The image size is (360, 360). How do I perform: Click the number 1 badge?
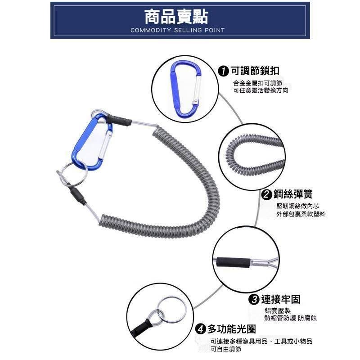(x=223, y=71)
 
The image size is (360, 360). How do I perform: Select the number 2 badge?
(x=267, y=194)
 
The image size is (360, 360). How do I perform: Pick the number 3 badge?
(x=254, y=299)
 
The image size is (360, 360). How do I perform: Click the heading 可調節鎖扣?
(x=255, y=71)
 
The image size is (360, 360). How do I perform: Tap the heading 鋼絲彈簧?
(x=294, y=194)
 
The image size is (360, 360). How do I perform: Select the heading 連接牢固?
(x=280, y=299)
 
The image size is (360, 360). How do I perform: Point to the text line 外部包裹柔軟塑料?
(x=301, y=214)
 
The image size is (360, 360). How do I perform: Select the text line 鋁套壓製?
(x=278, y=311)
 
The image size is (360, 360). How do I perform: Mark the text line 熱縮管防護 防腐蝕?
(x=291, y=318)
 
